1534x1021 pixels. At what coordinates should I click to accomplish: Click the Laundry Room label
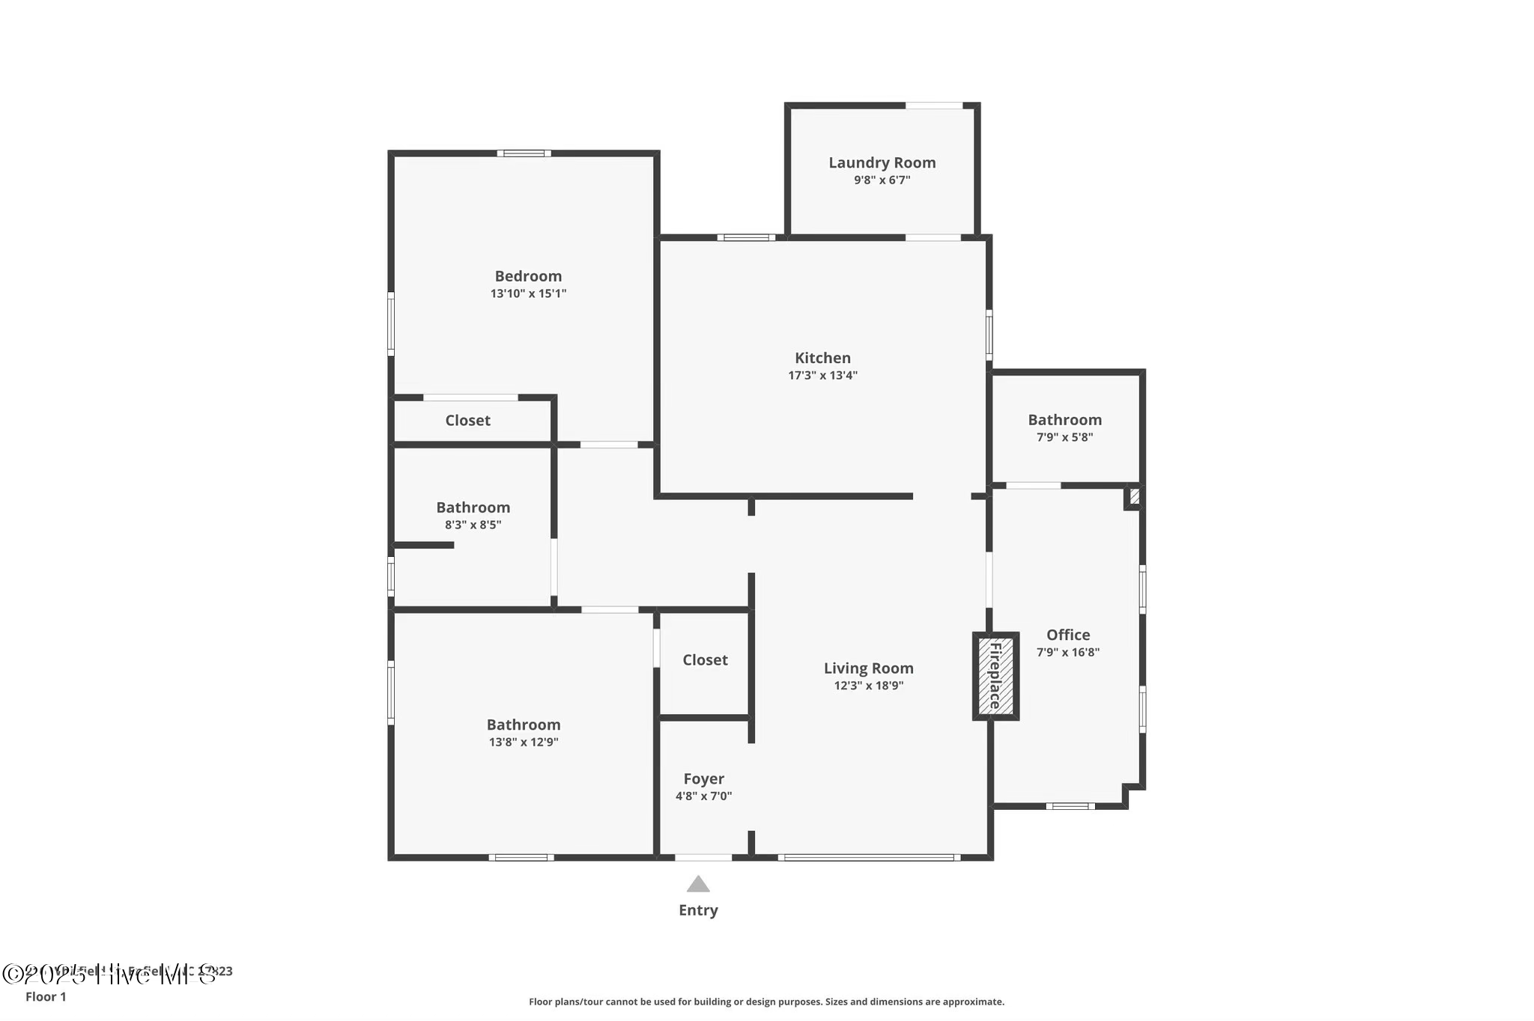coord(882,162)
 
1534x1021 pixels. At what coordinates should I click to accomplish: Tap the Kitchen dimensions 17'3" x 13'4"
coord(822,376)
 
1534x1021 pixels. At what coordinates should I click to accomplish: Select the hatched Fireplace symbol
coord(995,676)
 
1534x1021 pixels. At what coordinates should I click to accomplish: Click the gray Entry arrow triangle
coord(698,885)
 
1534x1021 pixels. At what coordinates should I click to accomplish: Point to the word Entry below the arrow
coord(698,910)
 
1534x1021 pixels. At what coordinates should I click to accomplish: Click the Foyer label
coord(703,779)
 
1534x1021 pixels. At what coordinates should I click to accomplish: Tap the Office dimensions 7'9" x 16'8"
coord(1067,652)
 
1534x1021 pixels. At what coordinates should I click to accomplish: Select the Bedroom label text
coord(528,276)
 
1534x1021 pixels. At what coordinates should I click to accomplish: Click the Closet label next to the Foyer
coord(705,659)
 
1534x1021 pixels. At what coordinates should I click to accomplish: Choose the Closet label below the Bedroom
coord(467,421)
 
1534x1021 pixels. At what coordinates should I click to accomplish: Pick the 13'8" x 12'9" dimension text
coord(524,743)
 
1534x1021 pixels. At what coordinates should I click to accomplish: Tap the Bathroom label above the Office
coord(1064,420)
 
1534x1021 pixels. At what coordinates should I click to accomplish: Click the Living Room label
coord(868,668)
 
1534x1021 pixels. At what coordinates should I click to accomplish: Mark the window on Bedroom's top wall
coord(524,153)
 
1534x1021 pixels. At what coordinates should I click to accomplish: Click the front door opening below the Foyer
coord(703,857)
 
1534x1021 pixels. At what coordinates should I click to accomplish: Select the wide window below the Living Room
coord(869,857)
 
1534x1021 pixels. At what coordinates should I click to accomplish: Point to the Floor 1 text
coord(46,996)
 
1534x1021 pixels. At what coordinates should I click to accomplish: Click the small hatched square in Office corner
coord(1134,496)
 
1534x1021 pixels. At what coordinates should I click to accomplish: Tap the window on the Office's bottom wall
coord(1070,806)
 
